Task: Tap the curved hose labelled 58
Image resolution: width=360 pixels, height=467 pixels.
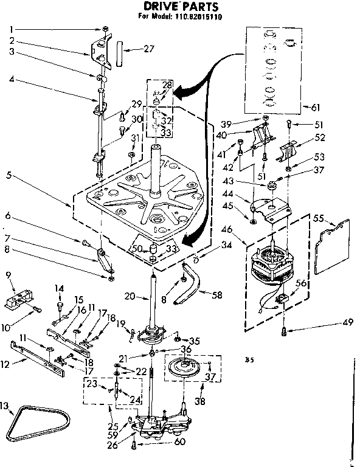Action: point(193,285)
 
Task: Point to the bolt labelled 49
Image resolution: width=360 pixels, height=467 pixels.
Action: point(283,330)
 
